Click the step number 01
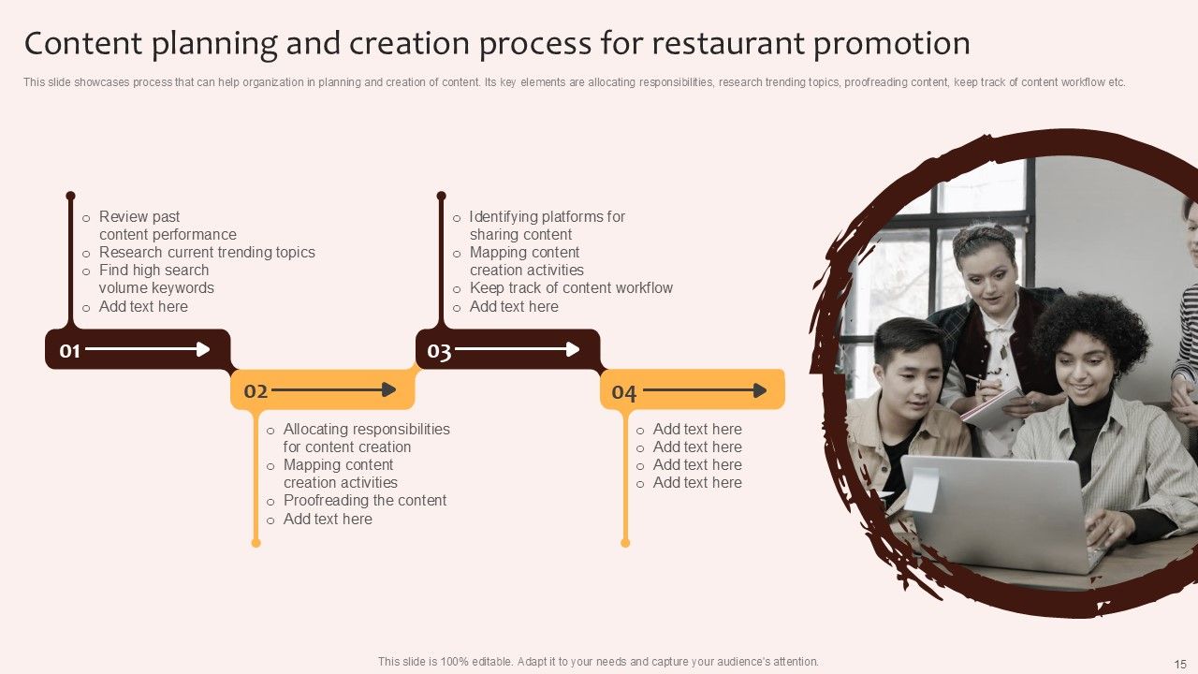[x=70, y=351]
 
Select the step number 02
[x=256, y=391]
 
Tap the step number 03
[x=439, y=351]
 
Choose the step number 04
[x=624, y=392]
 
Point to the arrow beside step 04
[x=705, y=390]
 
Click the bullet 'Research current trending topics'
[x=207, y=253]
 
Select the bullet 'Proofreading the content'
[x=365, y=501]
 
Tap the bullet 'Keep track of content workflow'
[x=571, y=288]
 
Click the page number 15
[x=1179, y=662]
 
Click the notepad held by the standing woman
[x=992, y=408]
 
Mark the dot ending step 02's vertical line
[x=256, y=542]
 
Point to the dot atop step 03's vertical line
[x=441, y=196]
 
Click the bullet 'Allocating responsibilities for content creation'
[x=366, y=438]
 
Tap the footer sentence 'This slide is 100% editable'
[x=598, y=662]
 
